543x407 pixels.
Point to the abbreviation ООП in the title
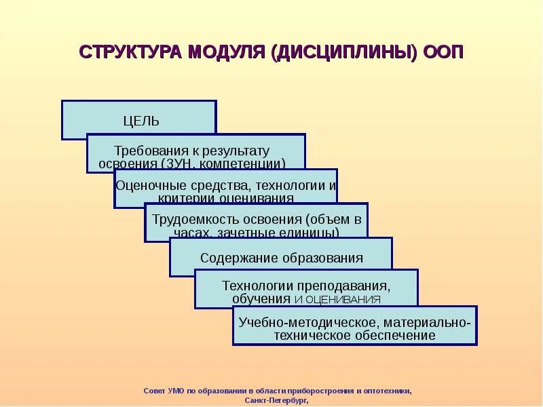click(443, 53)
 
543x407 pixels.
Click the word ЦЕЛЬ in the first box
click(141, 121)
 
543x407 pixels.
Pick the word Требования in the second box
click(142, 151)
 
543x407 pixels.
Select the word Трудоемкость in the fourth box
click(191, 219)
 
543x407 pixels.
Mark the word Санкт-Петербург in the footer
click(274, 401)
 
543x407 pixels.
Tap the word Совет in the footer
click(154, 391)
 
